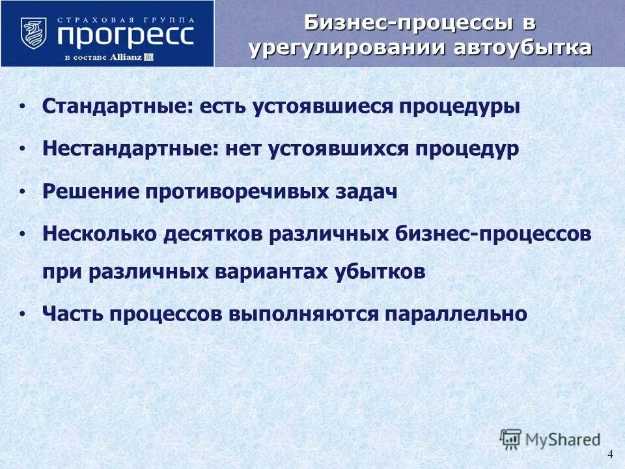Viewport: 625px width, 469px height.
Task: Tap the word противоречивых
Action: click(236, 192)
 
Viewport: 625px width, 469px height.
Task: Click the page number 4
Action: click(610, 454)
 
